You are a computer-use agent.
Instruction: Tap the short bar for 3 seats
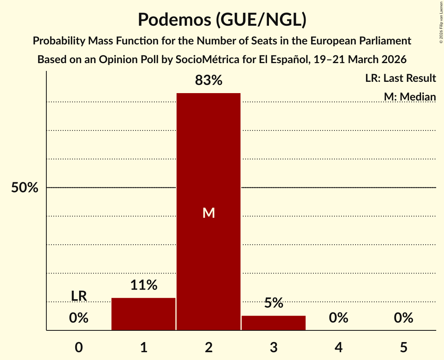[274, 323]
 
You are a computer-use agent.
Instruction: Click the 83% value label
[209, 81]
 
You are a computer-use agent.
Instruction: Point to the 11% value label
[143, 286]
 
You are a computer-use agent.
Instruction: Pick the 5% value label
[274, 303]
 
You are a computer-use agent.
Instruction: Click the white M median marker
[209, 213]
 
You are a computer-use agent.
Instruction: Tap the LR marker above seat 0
[79, 296]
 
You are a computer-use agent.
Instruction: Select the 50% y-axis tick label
[25, 188]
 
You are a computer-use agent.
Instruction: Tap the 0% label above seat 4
[338, 318]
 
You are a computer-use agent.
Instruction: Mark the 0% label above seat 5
[403, 318]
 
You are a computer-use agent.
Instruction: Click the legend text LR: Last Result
[400, 78]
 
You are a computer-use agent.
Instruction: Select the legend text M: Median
[410, 97]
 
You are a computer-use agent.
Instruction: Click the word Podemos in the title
[172, 20]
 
